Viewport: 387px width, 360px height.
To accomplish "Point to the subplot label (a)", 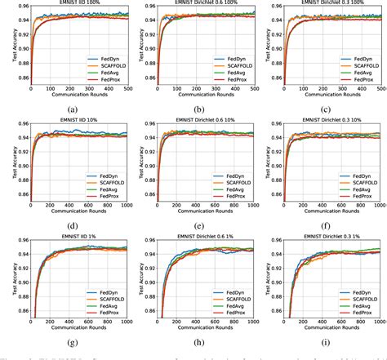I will click(74, 109).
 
